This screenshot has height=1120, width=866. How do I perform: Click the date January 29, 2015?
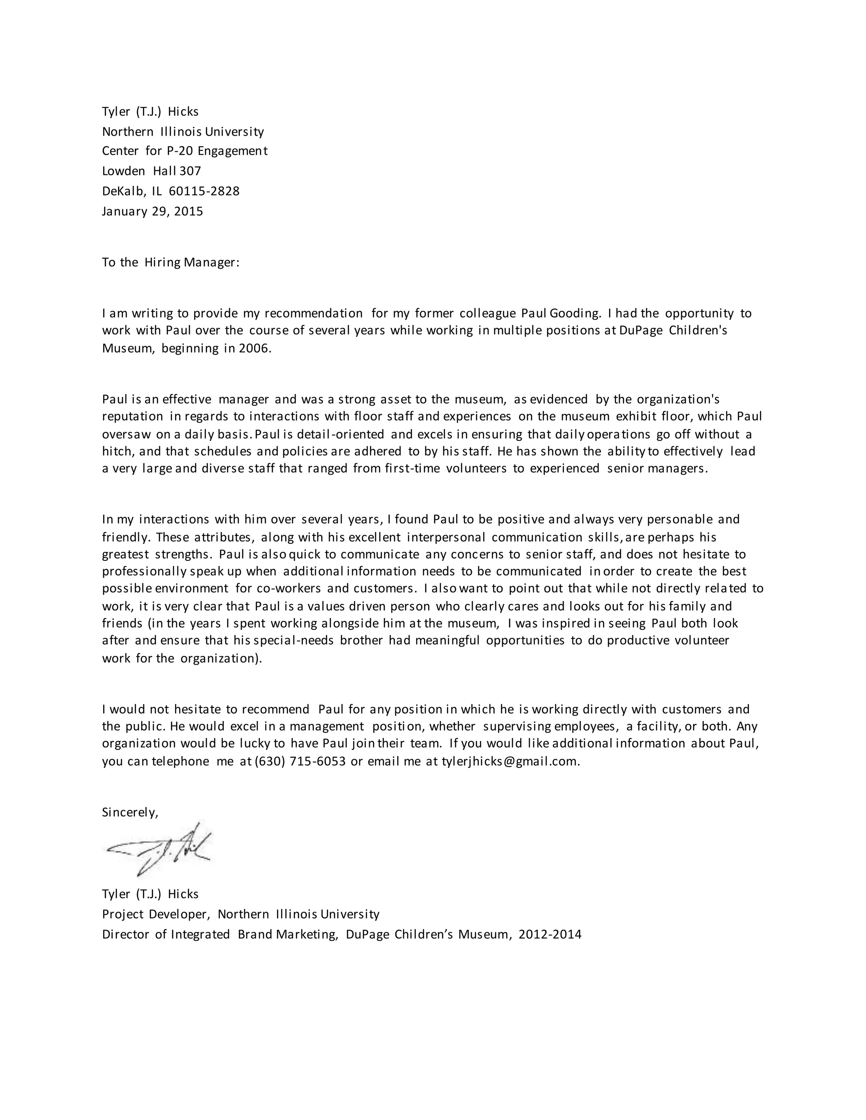(152, 211)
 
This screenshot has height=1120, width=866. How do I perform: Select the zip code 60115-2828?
(204, 191)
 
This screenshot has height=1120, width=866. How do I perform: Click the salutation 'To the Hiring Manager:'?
(171, 262)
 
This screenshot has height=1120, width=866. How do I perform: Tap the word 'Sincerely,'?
(130, 812)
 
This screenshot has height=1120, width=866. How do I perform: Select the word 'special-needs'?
(294, 640)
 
